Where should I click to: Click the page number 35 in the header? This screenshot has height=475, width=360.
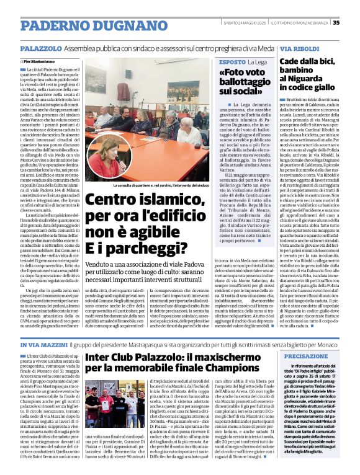353,23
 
